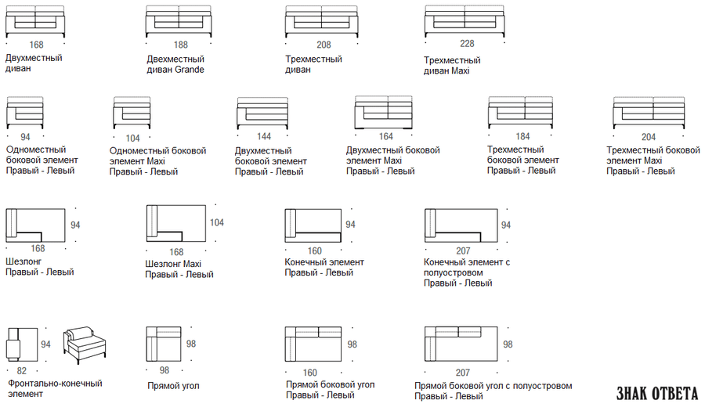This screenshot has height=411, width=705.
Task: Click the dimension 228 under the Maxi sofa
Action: (x=467, y=44)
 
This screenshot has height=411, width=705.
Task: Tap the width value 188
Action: (x=181, y=45)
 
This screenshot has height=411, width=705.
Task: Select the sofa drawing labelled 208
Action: (x=321, y=22)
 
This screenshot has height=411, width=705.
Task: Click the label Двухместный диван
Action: (x=34, y=63)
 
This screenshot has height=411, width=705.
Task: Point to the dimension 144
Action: (x=264, y=136)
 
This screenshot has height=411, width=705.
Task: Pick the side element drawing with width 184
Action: (x=521, y=112)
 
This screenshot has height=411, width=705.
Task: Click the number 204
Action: (x=649, y=137)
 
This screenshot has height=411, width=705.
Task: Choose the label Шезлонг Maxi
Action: (x=173, y=264)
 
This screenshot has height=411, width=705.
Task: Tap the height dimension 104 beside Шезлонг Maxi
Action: (x=217, y=222)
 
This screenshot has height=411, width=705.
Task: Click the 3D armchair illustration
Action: (x=85, y=344)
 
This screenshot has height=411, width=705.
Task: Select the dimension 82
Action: (x=22, y=371)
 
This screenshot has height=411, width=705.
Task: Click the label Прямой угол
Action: (x=174, y=386)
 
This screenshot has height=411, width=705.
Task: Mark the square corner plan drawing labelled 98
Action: (x=164, y=344)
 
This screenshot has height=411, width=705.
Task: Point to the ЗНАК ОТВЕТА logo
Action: (x=657, y=394)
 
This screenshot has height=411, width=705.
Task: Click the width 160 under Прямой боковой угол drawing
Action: (x=309, y=373)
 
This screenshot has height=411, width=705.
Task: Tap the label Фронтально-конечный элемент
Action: (x=55, y=388)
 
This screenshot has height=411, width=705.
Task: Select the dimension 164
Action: (x=385, y=136)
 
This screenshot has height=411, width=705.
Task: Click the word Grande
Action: (x=190, y=70)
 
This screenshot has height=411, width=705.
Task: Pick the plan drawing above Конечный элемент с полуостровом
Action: (x=461, y=225)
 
